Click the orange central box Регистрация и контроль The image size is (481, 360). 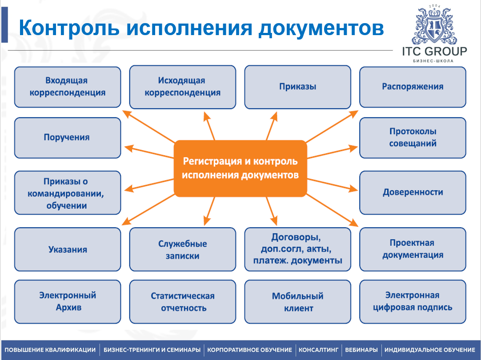pos(240,168)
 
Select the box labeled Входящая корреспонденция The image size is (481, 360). pos(68,87)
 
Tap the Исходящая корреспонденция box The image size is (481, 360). pos(183,87)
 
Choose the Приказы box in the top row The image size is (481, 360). pos(298,87)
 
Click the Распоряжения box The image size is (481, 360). pos(413,87)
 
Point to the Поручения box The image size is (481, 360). pos(68,137)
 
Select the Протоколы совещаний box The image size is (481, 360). pos(413,137)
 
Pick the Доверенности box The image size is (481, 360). pos(413,192)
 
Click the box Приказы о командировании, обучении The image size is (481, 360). pos(68,193)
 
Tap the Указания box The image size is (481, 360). pos(68,249)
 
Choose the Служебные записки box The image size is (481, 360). pos(183,249)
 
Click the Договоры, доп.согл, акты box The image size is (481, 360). pos(298,249)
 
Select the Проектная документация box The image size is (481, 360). pos(413,249)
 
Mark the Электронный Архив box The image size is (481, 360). pos(68,301)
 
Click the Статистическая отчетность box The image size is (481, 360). pos(183,301)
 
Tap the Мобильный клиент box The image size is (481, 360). pos(298,301)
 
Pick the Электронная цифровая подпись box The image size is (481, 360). pos(413,301)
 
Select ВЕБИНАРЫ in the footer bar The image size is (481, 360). pos(361,350)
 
